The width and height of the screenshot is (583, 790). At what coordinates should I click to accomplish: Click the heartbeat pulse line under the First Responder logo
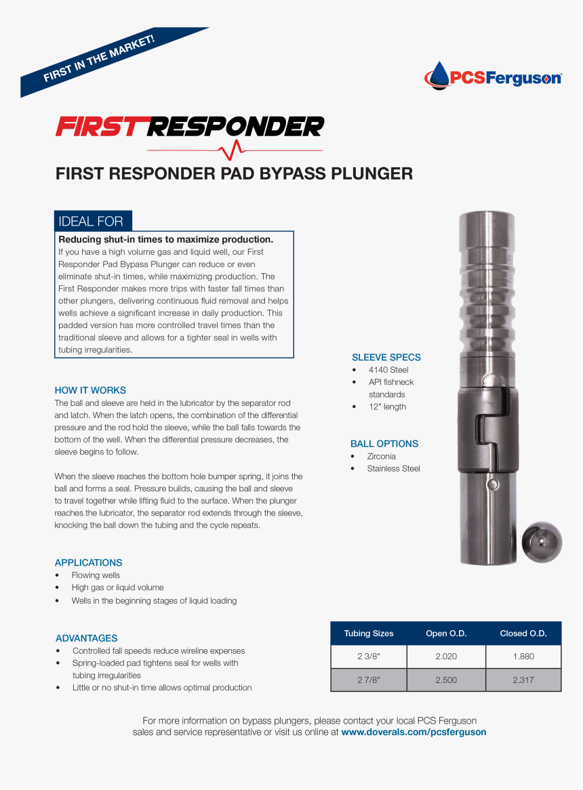click(x=235, y=149)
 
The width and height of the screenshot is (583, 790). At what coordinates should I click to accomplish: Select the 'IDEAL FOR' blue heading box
click(x=92, y=221)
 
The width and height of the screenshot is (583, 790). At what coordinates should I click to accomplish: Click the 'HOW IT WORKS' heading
click(x=90, y=390)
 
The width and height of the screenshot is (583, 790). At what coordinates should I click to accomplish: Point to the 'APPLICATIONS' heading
click(x=88, y=562)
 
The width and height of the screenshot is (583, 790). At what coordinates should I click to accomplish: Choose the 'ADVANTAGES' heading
click(x=86, y=638)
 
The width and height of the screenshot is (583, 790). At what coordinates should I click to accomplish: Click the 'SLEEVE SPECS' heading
click(x=386, y=357)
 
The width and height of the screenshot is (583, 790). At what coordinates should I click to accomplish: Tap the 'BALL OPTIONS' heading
click(x=384, y=444)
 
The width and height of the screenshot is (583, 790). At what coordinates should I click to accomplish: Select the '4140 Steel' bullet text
click(x=388, y=370)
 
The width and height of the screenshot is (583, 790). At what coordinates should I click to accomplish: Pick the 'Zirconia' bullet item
click(x=381, y=456)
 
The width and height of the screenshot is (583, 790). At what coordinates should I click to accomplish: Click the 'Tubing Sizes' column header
click(x=368, y=633)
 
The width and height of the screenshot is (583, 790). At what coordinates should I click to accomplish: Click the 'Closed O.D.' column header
click(x=523, y=633)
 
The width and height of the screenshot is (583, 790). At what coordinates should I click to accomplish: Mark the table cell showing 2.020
click(x=445, y=657)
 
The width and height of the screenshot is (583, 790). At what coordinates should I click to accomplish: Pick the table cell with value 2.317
click(x=523, y=680)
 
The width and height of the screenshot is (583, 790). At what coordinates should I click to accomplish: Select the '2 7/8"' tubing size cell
click(x=368, y=680)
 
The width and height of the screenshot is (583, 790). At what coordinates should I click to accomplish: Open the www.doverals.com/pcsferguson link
click(x=414, y=732)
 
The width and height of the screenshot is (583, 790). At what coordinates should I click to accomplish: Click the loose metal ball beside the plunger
click(x=542, y=542)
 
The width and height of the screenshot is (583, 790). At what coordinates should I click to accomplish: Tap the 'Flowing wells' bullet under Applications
click(x=96, y=575)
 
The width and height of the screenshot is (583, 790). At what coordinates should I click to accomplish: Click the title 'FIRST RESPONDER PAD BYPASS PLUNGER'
click(x=234, y=173)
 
